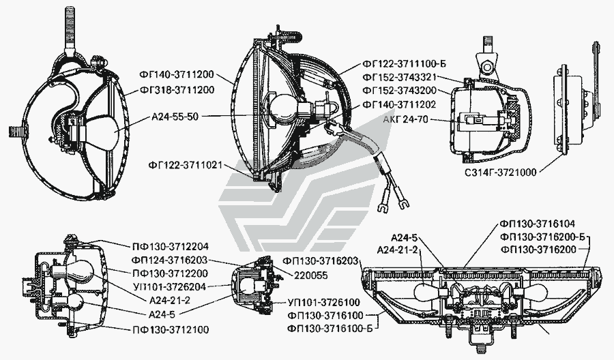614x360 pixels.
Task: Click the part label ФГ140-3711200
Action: pyautogui.click(x=176, y=74)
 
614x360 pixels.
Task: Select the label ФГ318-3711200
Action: pyautogui.click(x=177, y=90)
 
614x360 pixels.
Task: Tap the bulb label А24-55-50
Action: pyautogui.click(x=175, y=117)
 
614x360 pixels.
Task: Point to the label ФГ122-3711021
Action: pyautogui.click(x=185, y=166)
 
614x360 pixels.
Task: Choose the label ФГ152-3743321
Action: pyautogui.click(x=400, y=78)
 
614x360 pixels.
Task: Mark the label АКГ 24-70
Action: pyautogui.click(x=406, y=119)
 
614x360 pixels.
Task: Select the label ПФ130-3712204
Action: pyautogui.click(x=171, y=247)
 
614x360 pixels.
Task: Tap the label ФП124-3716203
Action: pyautogui.click(x=170, y=260)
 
